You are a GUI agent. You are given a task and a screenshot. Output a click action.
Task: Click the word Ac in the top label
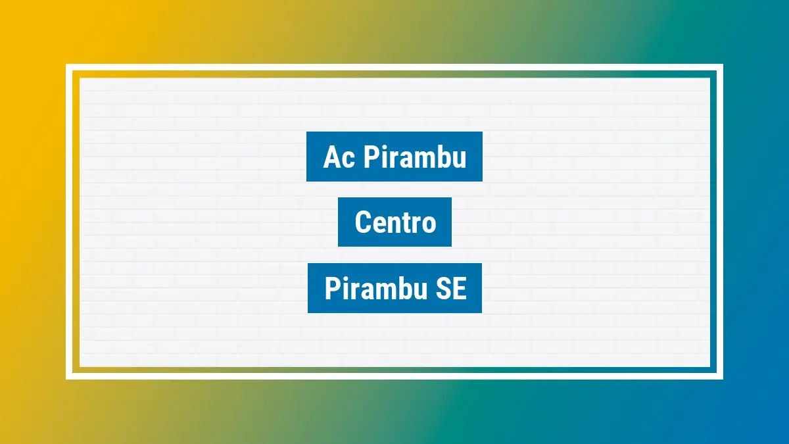coord(339,158)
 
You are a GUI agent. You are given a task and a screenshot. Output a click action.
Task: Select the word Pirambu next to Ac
coord(415,158)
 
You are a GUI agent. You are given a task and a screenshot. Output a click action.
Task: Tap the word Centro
coord(395,222)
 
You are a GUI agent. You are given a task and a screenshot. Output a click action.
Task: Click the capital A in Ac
coord(331,158)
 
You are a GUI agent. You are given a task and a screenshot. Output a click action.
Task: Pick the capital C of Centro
coord(362,222)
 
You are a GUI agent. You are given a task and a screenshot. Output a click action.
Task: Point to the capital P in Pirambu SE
coord(332,289)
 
